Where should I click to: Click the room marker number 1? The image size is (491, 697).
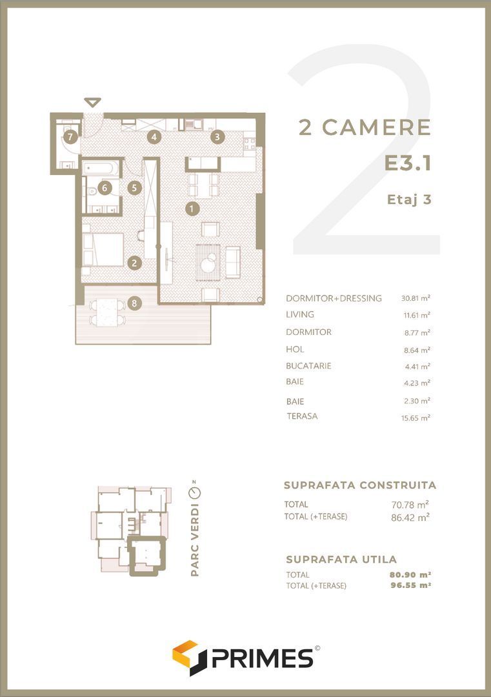pos(192,208)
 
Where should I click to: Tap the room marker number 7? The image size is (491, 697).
pos(70,136)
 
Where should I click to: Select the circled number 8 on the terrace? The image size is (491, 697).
pos(134,303)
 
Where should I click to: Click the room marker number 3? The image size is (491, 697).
pos(217,136)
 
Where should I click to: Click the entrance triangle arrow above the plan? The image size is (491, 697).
pos(93,102)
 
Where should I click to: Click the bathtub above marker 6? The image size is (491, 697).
pos(102,168)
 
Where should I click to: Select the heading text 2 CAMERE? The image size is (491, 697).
pos(365,127)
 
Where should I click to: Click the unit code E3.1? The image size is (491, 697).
pos(407,163)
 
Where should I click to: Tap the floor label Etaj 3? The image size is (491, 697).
pos(409,199)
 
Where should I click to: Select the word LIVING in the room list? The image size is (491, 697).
pos(300,315)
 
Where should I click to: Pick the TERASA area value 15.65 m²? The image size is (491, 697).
pos(416,418)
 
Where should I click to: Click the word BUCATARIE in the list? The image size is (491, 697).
pos(308,366)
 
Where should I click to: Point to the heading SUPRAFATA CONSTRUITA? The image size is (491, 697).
pos(360,485)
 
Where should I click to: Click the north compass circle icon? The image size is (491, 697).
pos(194,493)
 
